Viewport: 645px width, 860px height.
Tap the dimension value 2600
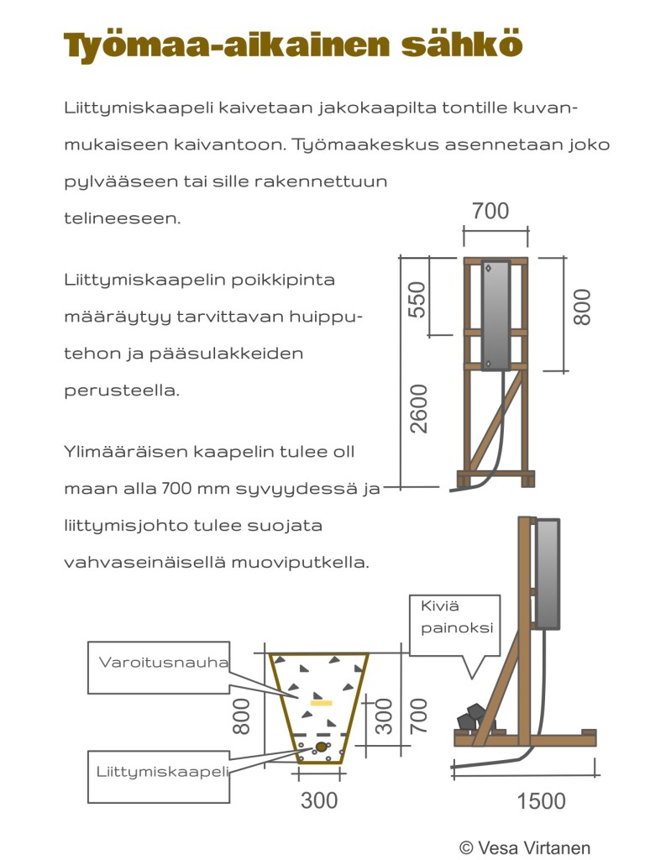point(418,408)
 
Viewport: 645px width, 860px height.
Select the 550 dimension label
point(417,299)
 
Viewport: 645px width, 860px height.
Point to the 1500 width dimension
point(541,800)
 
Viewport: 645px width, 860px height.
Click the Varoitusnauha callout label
point(164,663)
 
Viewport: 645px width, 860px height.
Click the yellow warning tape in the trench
point(321,701)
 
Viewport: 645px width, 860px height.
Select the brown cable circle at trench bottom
point(321,747)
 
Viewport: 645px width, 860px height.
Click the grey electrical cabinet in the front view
point(495,315)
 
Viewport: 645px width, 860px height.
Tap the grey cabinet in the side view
point(547,573)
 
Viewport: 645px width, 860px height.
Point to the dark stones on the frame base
point(473,716)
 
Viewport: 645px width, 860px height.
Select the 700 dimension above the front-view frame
point(490,211)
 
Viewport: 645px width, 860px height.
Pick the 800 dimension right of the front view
point(582,307)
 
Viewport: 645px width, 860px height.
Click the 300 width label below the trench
point(319,800)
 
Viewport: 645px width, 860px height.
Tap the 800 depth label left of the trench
point(242,716)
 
